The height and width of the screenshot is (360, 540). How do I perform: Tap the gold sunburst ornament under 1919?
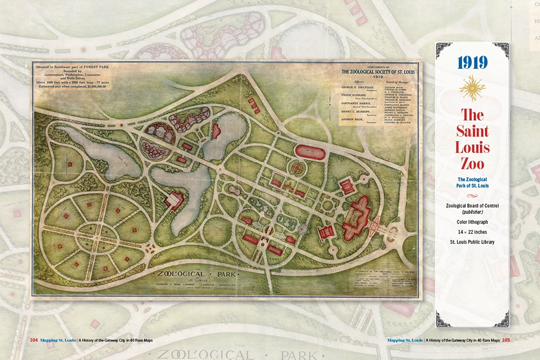point(472,88)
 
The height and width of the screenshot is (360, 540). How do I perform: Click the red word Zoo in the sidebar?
point(472,163)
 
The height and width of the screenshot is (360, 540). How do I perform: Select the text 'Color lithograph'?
point(472,222)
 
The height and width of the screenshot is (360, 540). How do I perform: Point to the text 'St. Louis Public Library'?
point(472,242)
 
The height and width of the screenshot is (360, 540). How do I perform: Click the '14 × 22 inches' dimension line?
point(472,232)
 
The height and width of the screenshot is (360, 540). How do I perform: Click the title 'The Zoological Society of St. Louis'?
point(376,72)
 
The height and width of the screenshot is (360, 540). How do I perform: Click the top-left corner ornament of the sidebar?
point(442,48)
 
